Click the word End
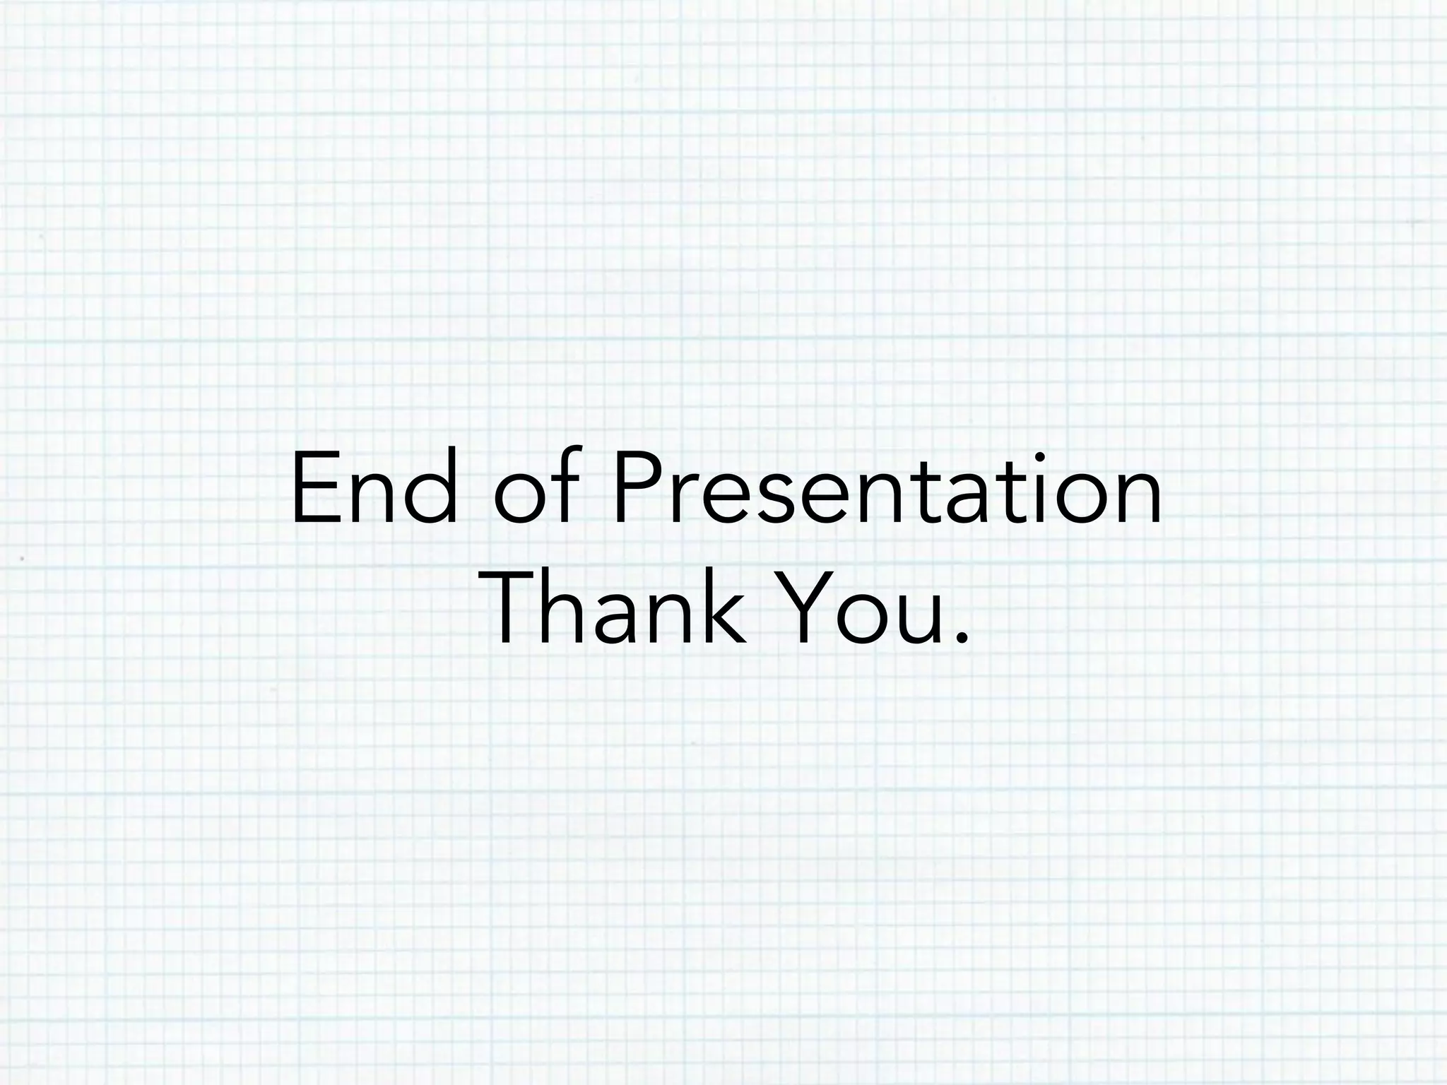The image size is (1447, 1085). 374,487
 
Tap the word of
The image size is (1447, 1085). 537,487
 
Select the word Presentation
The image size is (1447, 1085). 887,487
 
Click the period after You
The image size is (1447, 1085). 959,639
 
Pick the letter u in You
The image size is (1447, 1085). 921,619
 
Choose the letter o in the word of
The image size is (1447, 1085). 520,498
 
